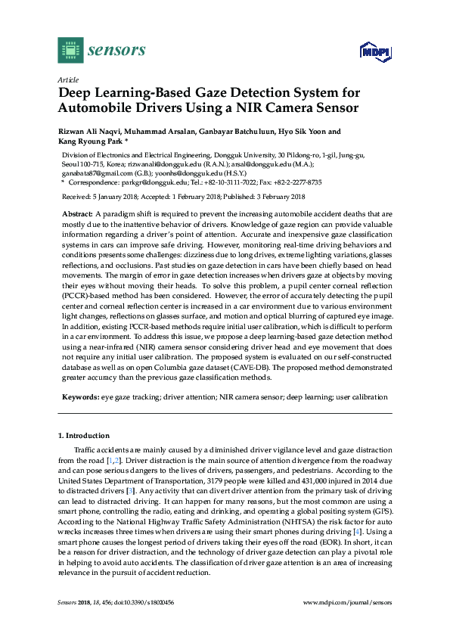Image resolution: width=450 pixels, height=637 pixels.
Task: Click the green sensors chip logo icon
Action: [x=70, y=50]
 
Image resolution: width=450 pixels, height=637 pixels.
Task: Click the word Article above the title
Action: [x=67, y=79]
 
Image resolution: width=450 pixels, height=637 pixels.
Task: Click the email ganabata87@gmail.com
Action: [x=88, y=173]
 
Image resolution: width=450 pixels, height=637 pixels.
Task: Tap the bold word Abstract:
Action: [x=77, y=216]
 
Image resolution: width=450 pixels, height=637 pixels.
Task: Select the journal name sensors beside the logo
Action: [x=117, y=51]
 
